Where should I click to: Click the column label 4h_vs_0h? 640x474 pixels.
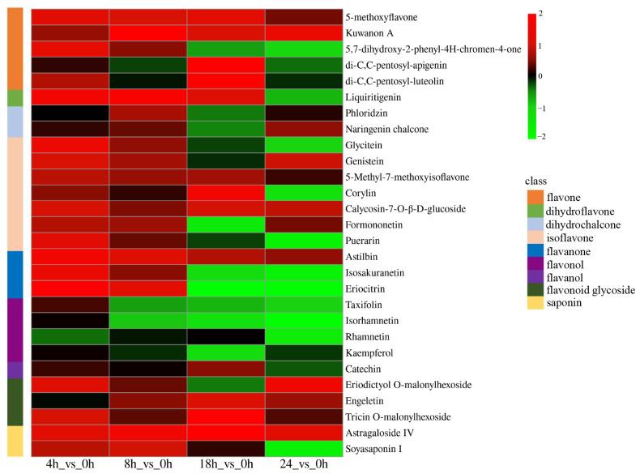point(70,465)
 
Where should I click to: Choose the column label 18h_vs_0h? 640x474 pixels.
point(226,465)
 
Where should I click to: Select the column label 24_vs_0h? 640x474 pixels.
point(304,465)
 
